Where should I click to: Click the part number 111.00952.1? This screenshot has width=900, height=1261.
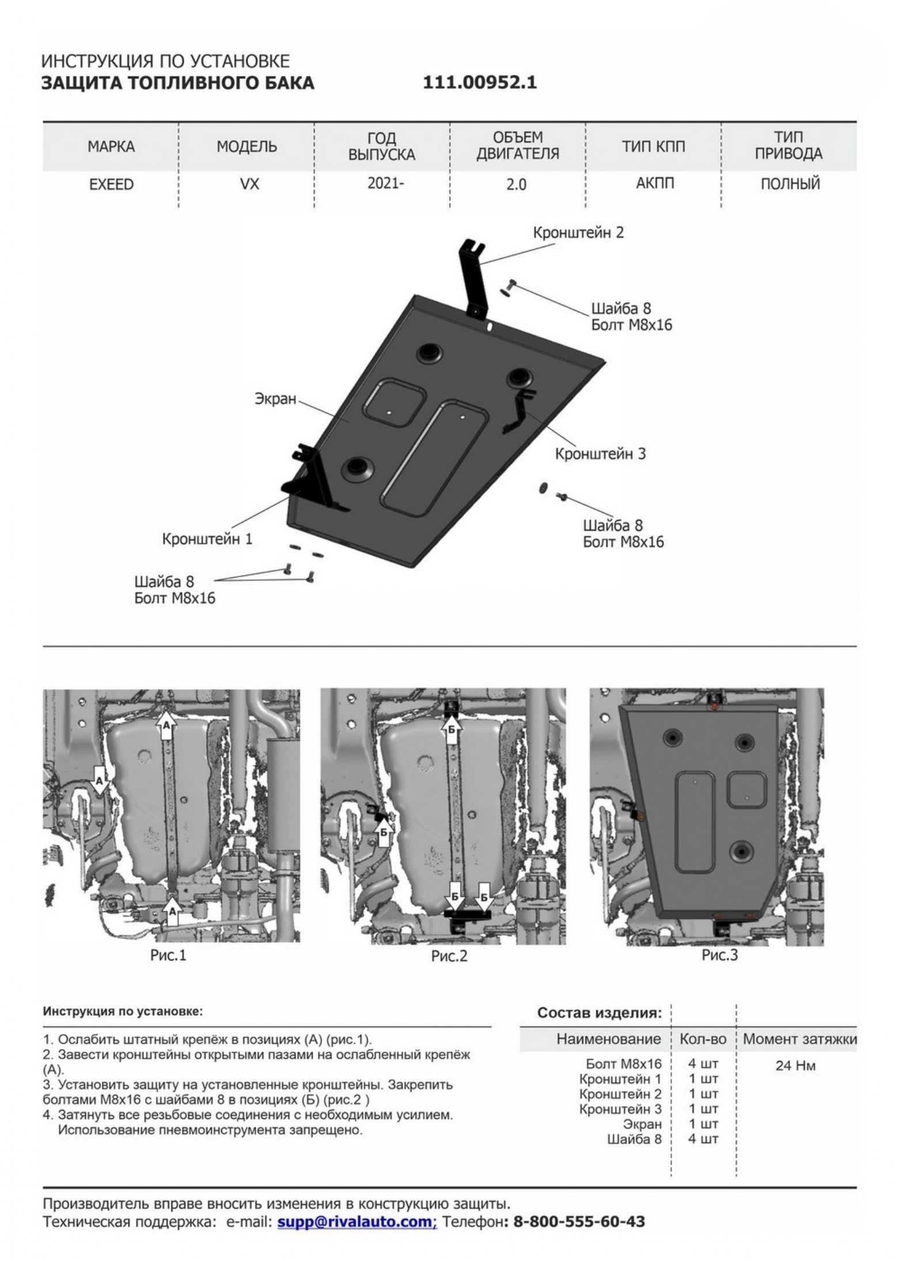tap(480, 82)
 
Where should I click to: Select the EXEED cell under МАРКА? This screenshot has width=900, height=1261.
tap(111, 184)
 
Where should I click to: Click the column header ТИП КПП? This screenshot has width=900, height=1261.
tap(653, 146)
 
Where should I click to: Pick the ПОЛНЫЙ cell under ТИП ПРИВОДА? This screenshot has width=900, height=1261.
tap(789, 184)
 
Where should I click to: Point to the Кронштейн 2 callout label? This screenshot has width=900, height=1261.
tap(578, 233)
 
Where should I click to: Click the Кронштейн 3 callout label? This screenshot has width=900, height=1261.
tap(600, 453)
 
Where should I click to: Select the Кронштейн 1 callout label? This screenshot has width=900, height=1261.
tap(207, 539)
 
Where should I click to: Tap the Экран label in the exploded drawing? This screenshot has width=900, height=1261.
tap(275, 398)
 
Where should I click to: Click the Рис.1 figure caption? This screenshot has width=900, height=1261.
tap(168, 955)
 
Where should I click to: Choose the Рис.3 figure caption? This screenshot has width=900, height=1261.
tap(719, 955)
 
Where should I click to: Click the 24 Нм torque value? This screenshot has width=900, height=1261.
tap(795, 1066)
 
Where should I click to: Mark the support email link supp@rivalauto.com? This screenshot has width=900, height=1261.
tap(357, 1221)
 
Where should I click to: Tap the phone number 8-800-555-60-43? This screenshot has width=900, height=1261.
tap(579, 1221)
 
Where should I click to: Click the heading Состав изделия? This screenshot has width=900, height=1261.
tap(599, 1013)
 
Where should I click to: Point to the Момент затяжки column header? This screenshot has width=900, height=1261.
tap(799, 1039)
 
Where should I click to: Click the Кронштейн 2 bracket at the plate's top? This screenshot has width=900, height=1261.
tap(472, 277)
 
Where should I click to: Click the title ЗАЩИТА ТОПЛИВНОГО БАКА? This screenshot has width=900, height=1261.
tap(178, 83)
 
